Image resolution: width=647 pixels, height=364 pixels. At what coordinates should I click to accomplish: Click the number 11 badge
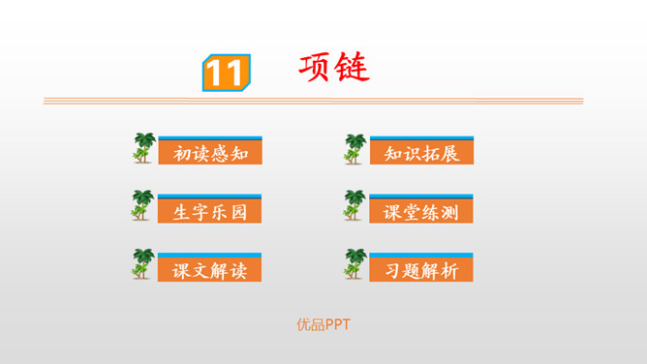pos(225,73)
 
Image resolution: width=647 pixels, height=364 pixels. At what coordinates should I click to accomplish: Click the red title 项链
pos(334,68)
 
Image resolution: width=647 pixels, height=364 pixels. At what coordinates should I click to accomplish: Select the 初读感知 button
pos(209,153)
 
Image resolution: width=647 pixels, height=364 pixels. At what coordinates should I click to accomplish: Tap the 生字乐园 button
pos(209,210)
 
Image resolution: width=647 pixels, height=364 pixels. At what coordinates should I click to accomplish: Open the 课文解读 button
pos(209,269)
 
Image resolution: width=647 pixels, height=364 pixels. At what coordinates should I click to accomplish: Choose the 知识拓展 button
pos(421,153)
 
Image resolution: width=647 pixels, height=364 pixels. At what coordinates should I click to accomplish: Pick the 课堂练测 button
pos(421,210)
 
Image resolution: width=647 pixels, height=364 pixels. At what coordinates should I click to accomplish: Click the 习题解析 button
pos(421,269)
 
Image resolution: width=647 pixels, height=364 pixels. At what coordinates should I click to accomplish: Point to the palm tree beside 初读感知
pos(143,148)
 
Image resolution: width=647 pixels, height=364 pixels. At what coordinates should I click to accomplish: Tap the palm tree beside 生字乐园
pos(143,205)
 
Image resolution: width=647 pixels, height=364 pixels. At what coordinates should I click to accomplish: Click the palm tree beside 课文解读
pos(143,264)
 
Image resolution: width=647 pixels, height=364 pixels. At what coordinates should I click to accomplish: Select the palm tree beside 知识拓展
pos(355,148)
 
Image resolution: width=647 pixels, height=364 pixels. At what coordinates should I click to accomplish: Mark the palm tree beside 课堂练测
pos(355,205)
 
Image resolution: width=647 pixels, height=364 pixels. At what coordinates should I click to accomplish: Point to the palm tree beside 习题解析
pos(355,264)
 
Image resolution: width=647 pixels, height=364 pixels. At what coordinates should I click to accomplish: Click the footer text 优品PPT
pos(323,325)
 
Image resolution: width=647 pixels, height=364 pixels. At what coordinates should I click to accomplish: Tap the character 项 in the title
pos(316,68)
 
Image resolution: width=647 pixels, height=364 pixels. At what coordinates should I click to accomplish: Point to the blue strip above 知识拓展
pos(421,137)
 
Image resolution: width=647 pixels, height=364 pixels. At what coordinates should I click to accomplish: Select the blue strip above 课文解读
pos(209,254)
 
